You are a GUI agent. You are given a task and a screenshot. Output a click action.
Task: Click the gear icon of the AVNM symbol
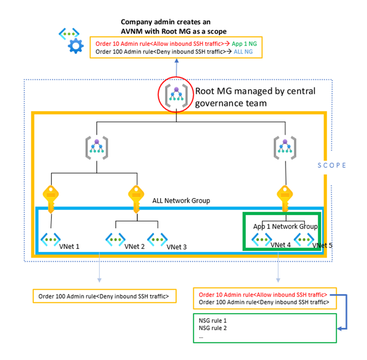pos(76,47)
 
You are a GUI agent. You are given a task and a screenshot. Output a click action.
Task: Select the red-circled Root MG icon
pos(175,93)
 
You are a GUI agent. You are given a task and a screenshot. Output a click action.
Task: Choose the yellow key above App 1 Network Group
pos(283,196)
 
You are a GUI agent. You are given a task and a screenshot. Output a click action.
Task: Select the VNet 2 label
pos(135,247)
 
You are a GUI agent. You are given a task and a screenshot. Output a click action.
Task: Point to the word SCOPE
pos(330,165)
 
